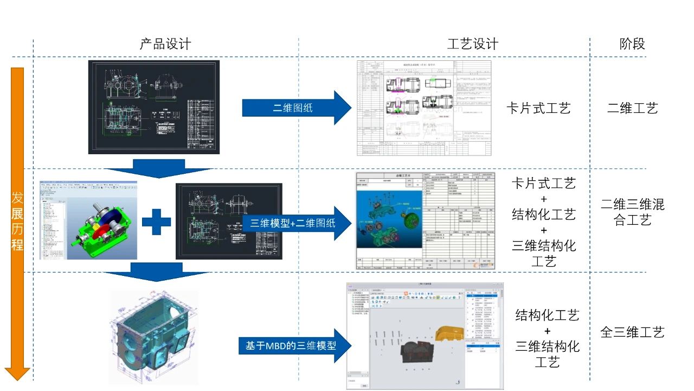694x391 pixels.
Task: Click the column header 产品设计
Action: pos(165,44)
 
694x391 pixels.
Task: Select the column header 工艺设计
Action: pos(472,44)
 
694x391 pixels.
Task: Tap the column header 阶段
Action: pos(632,44)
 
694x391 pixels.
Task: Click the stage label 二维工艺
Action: pos(632,108)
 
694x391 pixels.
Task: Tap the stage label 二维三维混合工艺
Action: pos(632,212)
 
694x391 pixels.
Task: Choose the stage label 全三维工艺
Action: pos(632,332)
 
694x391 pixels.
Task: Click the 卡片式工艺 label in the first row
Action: pos(538,108)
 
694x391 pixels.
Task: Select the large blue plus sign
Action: pos(156,222)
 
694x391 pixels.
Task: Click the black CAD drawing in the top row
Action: pos(153,107)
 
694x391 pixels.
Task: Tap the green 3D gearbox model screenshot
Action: pos(88,220)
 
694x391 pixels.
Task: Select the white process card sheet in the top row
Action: pos(424,108)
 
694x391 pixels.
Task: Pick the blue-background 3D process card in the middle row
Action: pos(389,220)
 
